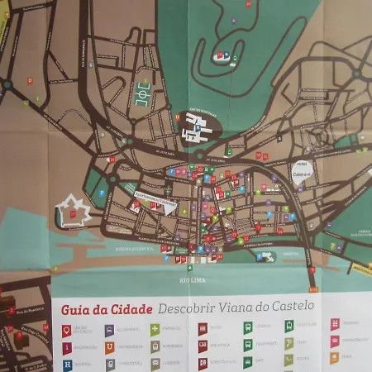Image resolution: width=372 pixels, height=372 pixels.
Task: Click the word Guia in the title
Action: [x=74, y=310]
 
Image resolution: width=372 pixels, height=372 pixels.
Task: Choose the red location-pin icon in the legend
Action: [x=68, y=331]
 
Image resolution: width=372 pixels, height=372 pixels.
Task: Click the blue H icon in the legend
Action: [x=68, y=364]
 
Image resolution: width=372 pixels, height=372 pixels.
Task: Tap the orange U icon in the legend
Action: [x=109, y=347]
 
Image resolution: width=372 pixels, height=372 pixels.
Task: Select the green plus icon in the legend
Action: [x=155, y=330]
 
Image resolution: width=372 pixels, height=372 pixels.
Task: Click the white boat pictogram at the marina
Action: [x=269, y=256]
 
